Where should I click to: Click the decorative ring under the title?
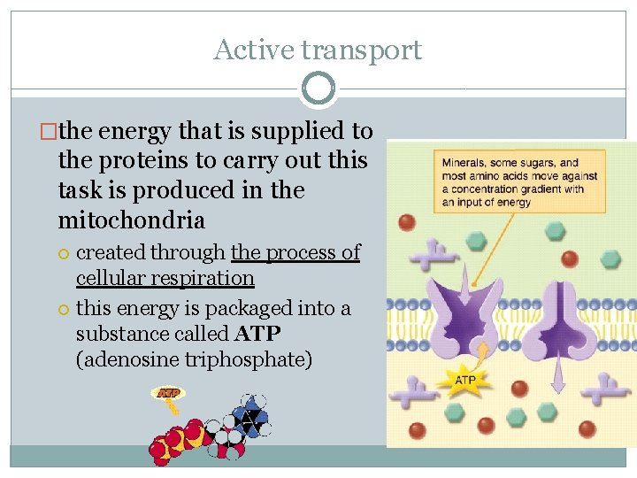pyautogui.click(x=318, y=89)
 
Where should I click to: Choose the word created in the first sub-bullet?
pyautogui.click(x=107, y=252)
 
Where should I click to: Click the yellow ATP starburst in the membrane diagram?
pyautogui.click(x=465, y=381)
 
